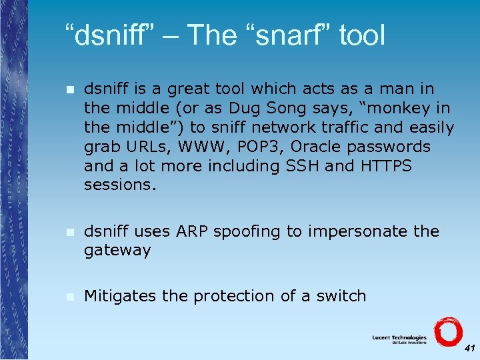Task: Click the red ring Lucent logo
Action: [x=447, y=331]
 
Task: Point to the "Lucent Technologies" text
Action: [x=399, y=338]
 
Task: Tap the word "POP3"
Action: [x=257, y=146]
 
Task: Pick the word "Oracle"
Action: [x=318, y=146]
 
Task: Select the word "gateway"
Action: [x=117, y=251]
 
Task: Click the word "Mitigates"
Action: [x=120, y=295]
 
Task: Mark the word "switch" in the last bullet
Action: [x=340, y=295]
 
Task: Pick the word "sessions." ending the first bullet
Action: [x=119, y=185]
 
